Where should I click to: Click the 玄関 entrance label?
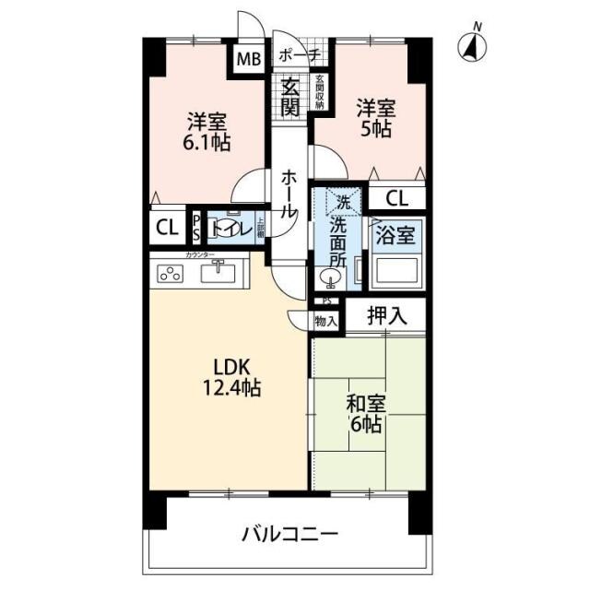290,96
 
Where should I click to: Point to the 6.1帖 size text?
207,143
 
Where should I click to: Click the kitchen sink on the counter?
219,268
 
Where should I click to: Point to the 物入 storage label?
325,321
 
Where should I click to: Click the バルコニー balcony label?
290,532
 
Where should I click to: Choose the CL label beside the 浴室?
397,196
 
